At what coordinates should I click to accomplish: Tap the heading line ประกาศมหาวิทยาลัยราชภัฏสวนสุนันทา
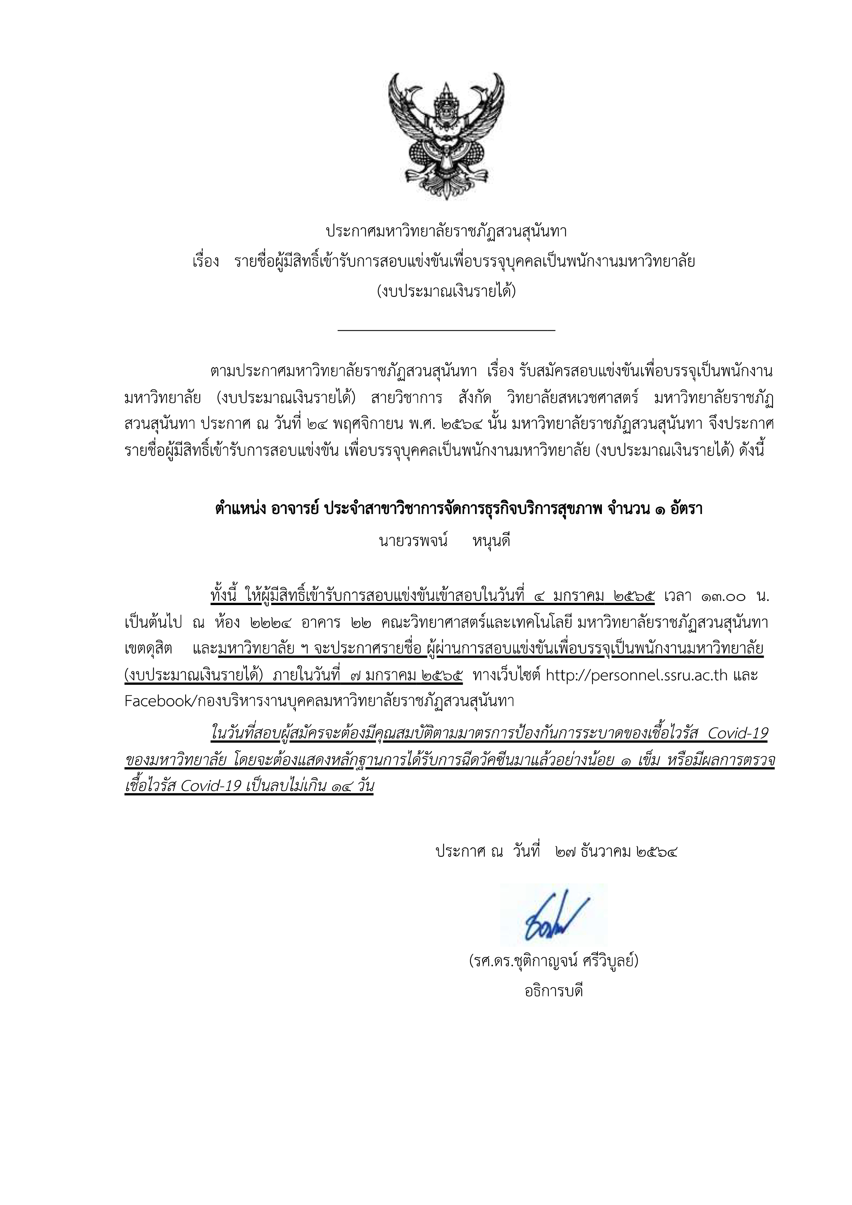tap(446, 231)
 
